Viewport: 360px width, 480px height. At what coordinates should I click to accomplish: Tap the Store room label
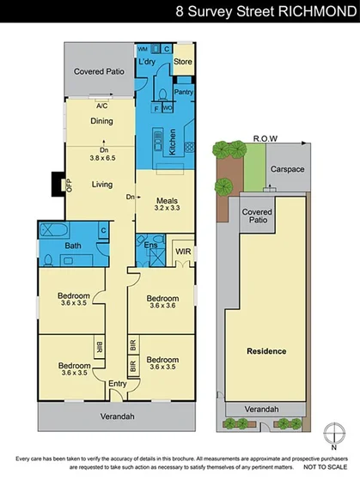(183, 62)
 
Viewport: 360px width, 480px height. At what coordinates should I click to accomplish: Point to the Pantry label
(183, 91)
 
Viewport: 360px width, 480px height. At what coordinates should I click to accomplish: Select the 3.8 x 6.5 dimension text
(102, 158)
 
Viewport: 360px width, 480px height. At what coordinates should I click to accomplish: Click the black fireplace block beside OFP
(58, 184)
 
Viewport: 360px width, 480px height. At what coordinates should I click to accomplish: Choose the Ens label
(150, 246)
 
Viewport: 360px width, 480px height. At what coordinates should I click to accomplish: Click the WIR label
(181, 252)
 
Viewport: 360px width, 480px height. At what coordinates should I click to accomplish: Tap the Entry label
(117, 384)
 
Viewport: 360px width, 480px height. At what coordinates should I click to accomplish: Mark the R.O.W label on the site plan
(264, 137)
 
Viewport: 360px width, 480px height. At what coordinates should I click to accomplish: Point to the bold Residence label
(265, 352)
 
